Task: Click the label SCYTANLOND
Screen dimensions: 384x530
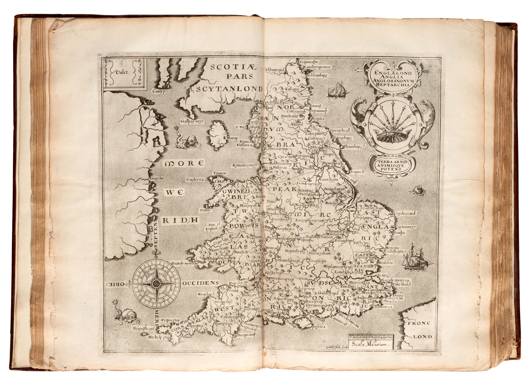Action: pyautogui.click(x=229, y=89)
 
